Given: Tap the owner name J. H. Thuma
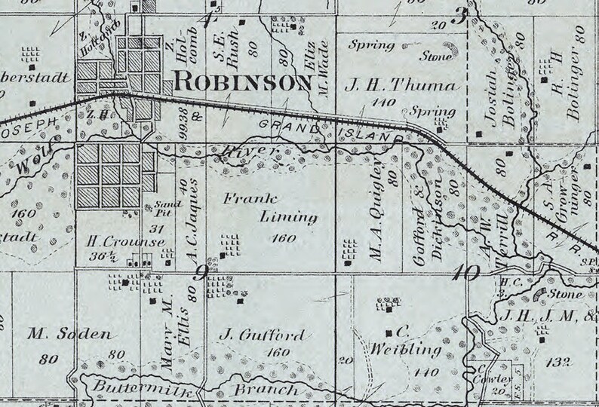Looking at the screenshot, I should (x=401, y=86).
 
